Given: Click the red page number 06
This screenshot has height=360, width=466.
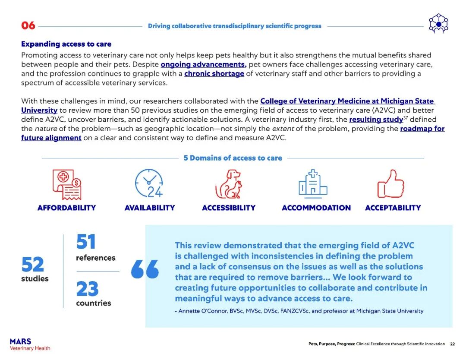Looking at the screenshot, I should pos(28,25).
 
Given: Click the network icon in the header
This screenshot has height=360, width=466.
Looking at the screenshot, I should pos(438,24).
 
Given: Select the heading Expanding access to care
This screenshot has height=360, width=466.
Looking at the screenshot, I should pos(66,44).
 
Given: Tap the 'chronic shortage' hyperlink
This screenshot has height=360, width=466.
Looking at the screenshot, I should pos(214,73).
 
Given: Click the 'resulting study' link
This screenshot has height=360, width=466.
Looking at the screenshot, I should pos(376,120).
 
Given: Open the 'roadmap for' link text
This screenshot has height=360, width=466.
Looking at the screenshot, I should pos(422,129).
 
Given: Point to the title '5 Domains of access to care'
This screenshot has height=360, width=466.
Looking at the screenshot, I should pos(233,158).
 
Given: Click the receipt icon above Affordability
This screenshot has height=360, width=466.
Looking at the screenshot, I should pos(66,184).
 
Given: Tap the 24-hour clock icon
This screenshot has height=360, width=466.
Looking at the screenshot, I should pos(149,183).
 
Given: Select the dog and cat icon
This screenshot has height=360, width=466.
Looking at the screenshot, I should pos(229,184).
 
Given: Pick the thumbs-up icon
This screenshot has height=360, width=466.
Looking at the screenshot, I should pos(391,183).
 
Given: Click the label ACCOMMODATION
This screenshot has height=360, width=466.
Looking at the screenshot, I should pos(316,208).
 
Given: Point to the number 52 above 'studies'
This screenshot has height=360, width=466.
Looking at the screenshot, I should pos(33,264).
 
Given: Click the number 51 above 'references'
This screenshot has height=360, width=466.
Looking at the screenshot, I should pos(86,242).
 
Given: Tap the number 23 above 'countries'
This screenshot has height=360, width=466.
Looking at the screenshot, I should pos(87,289).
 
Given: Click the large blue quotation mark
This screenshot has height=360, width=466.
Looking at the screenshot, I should pos(145,270).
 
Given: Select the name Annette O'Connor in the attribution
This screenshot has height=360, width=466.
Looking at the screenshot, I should pos(203,311).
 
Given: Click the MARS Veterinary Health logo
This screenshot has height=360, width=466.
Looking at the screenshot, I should pos(30,344).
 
